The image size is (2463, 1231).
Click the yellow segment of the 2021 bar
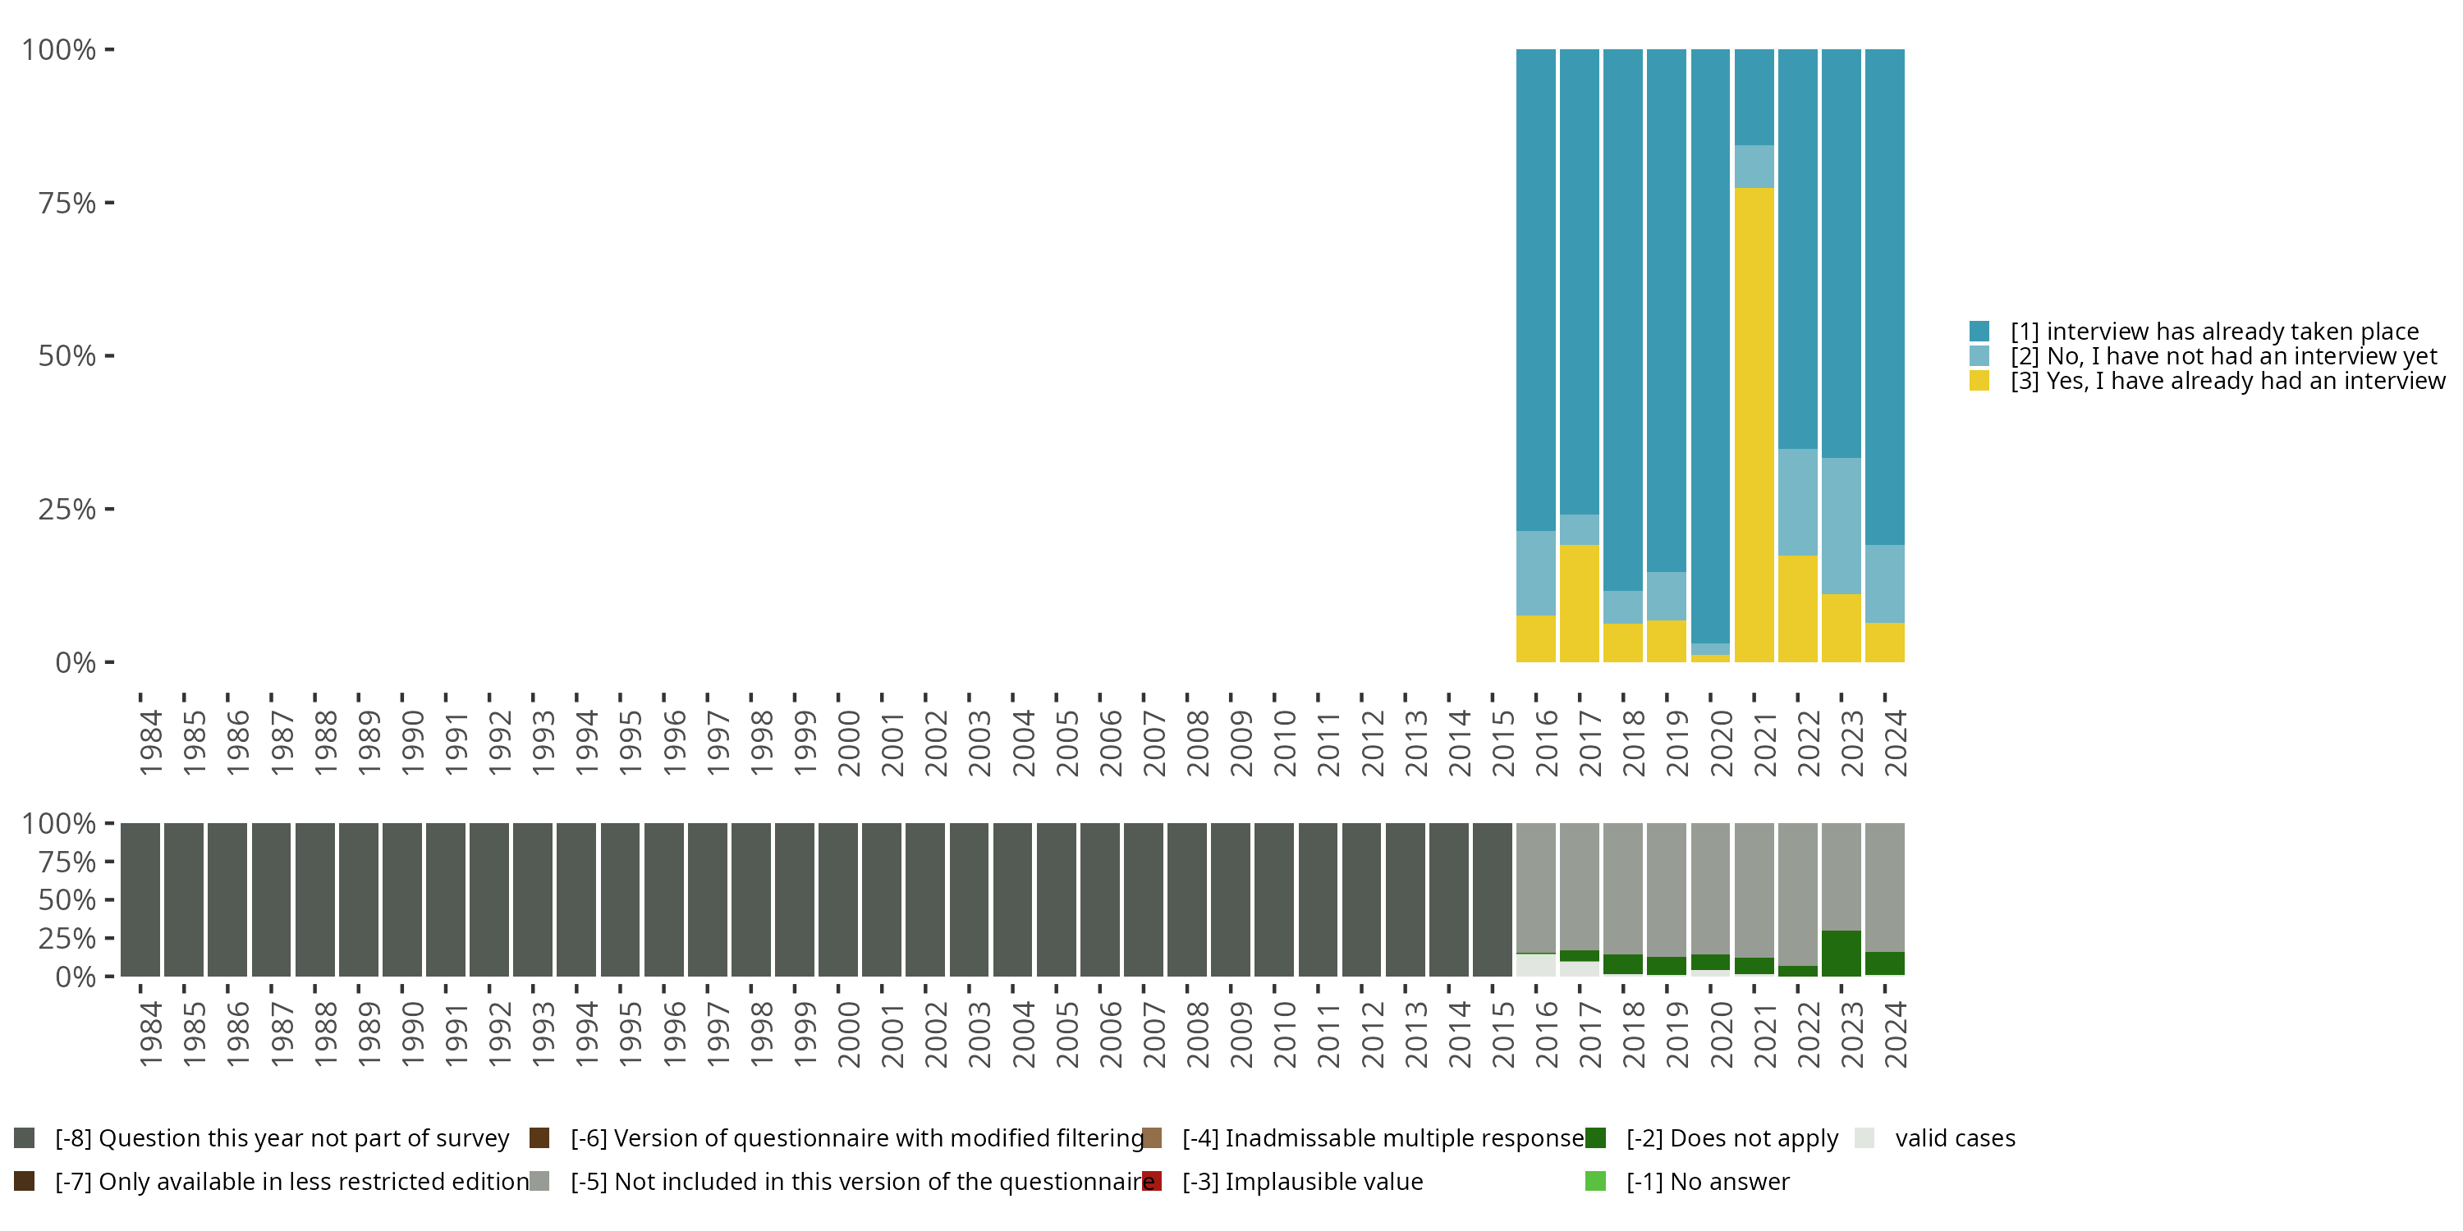point(1754,424)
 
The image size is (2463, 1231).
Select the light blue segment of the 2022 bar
point(1797,501)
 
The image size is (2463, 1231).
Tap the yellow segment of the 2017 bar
point(1580,603)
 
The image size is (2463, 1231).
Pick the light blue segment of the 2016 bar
point(1535,573)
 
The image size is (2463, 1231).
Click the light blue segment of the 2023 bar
point(1841,526)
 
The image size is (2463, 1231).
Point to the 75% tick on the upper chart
point(110,203)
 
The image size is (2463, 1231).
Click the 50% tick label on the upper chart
point(67,356)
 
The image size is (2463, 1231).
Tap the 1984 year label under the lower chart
point(151,1034)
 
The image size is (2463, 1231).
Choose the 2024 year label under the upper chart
point(1895,743)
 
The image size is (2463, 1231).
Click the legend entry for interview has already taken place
point(2213,332)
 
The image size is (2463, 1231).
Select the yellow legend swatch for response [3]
point(1979,382)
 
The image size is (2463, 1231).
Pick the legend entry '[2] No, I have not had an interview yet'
point(2223,356)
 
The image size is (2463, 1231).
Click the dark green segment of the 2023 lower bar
point(1841,953)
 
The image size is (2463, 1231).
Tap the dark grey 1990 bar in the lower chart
point(401,899)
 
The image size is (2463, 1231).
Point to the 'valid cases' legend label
point(1954,1138)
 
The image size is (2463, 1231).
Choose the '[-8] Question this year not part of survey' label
point(282,1138)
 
